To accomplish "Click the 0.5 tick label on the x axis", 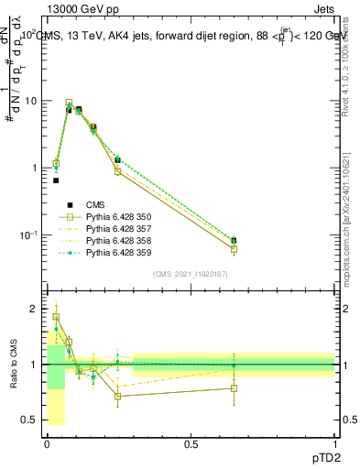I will click(x=191, y=442).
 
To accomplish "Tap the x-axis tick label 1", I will click(x=334, y=442).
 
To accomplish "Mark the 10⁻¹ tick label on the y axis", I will click(x=27, y=235).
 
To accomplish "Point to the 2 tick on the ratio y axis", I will click(x=32, y=309).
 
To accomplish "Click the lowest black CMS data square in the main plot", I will click(x=56, y=180).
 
